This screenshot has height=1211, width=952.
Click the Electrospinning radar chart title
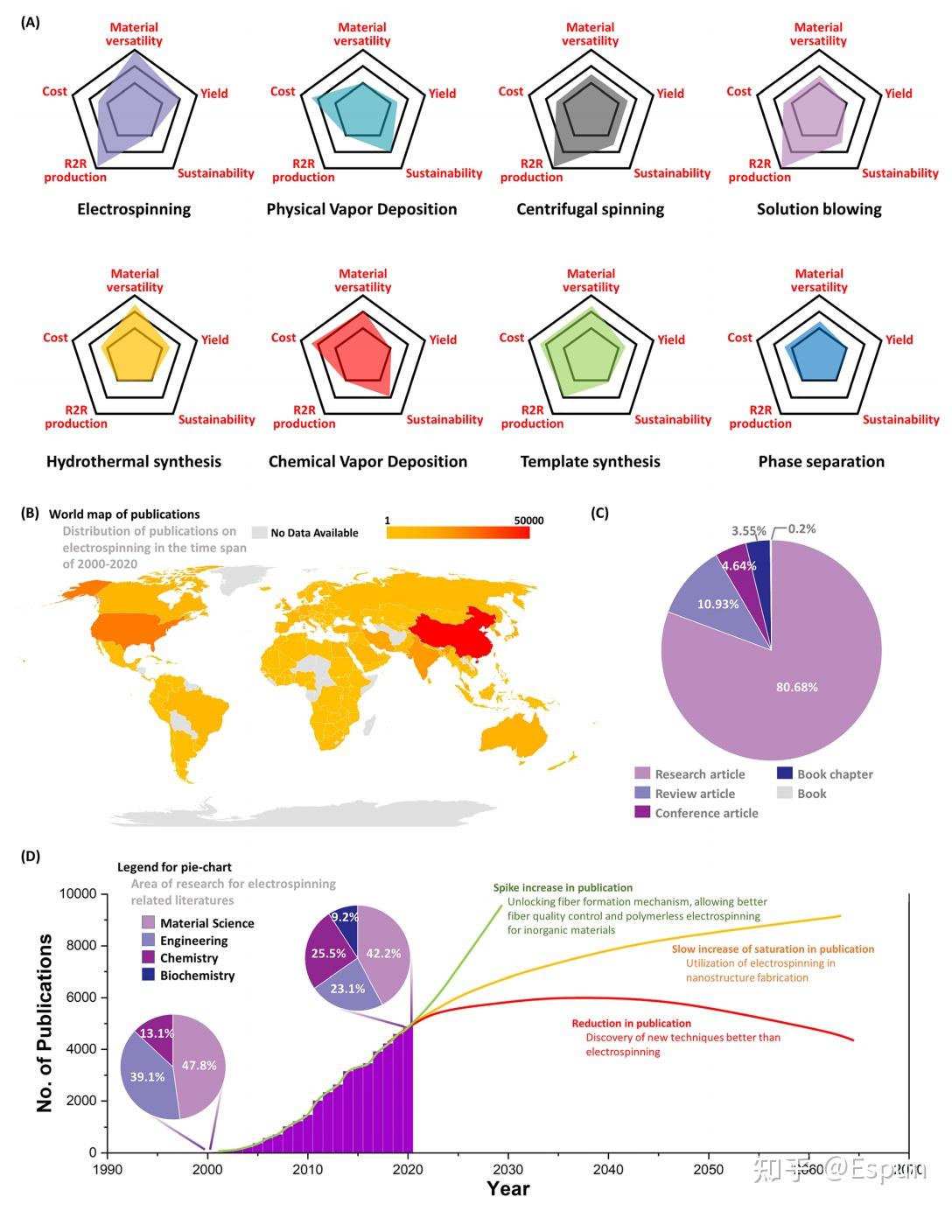134,209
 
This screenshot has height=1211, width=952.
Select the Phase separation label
821,461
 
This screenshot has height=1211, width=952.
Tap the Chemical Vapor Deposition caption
367,461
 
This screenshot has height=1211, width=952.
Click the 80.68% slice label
796,687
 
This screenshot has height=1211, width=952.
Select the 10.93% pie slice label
717,604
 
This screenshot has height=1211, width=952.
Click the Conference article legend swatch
642,812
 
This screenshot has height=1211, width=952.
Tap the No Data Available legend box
259,532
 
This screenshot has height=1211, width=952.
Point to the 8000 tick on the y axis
78,945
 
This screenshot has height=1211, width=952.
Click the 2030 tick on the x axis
508,1170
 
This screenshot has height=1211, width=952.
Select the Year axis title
508,1188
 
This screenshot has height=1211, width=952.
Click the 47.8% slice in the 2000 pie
199,1065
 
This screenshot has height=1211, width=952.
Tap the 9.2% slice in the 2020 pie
345,917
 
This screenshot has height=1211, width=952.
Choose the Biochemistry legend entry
197,975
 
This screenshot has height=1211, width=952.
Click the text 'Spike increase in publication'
563,887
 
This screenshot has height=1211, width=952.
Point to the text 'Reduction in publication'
631,1023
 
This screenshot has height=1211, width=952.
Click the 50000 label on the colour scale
528,521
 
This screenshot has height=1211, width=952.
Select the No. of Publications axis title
45,1023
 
